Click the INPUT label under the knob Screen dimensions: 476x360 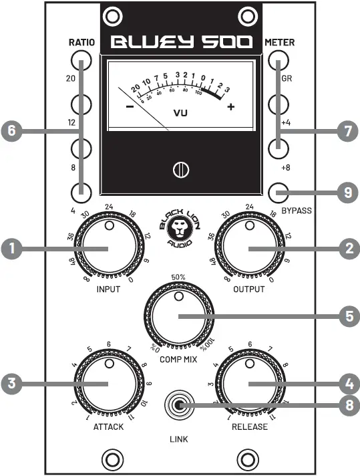(x=109, y=290)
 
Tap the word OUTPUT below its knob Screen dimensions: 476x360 (x=249, y=290)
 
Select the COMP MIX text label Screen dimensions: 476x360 (x=178, y=359)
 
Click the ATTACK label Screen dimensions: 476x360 (x=108, y=426)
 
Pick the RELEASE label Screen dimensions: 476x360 (x=249, y=426)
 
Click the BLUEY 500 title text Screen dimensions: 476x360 (x=180, y=43)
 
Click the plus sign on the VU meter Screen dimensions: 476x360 (x=230, y=108)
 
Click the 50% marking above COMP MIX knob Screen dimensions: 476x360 (x=178, y=276)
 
